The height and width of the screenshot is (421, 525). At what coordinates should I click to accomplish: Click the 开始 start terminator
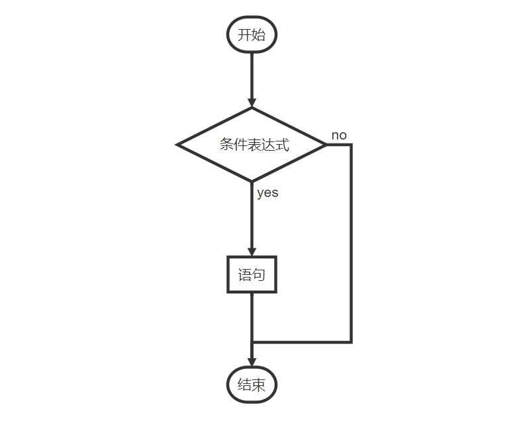(x=252, y=35)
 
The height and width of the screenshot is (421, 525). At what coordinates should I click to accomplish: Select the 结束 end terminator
(x=252, y=385)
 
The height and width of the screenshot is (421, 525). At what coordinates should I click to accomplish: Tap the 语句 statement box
(x=252, y=274)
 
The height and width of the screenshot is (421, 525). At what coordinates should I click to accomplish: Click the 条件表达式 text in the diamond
(x=254, y=145)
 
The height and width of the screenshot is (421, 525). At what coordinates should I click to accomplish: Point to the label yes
(x=267, y=193)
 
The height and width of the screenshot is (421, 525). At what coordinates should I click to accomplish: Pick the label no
(x=339, y=135)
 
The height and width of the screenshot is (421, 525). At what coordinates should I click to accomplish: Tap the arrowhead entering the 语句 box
(x=252, y=250)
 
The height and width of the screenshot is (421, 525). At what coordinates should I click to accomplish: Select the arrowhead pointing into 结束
(x=252, y=361)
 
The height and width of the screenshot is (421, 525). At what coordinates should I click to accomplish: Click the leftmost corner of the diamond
(x=177, y=145)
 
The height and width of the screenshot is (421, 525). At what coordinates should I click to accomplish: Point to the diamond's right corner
(x=326, y=145)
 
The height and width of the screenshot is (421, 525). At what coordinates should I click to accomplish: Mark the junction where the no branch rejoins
(x=252, y=342)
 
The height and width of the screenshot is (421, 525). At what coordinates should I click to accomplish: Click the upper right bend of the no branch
(x=351, y=145)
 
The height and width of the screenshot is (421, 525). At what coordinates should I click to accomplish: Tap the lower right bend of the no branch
(x=351, y=342)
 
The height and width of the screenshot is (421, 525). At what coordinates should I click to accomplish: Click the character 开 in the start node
(x=244, y=35)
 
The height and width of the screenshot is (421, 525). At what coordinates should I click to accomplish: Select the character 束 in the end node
(x=259, y=385)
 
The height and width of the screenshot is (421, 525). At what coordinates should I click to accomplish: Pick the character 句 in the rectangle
(x=259, y=274)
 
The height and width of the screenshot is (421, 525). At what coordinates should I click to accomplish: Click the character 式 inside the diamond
(x=283, y=145)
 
